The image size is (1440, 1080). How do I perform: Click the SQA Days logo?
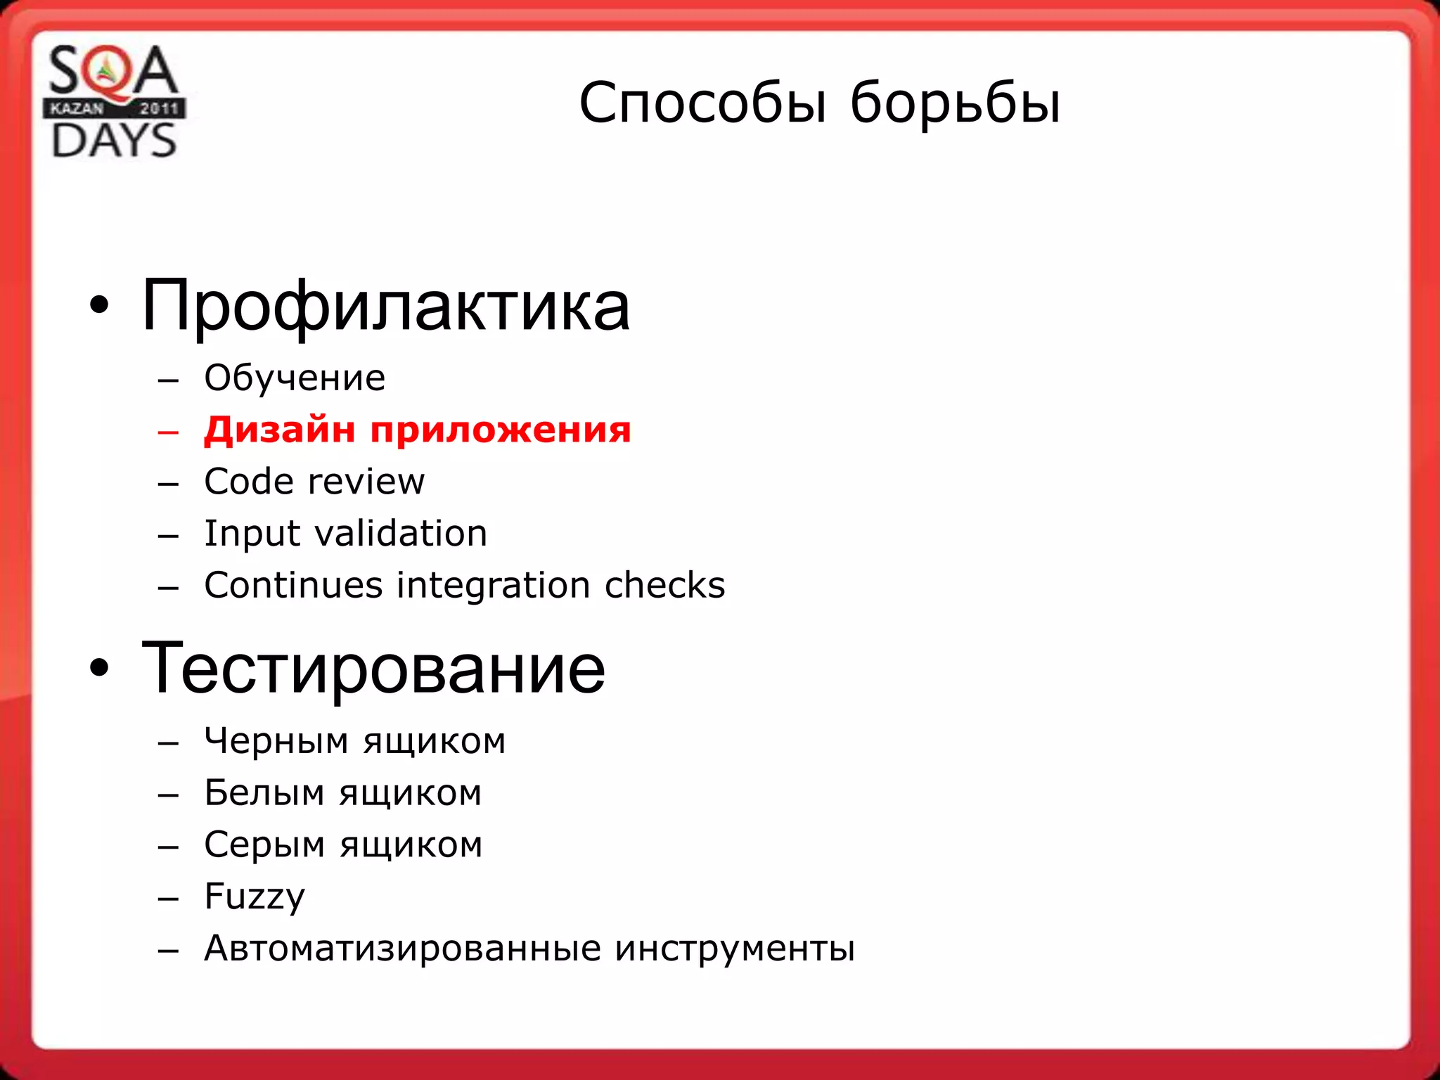(114, 101)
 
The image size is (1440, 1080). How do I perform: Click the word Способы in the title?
(702, 103)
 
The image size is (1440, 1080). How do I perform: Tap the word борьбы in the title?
(955, 103)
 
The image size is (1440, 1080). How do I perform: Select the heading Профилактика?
(385, 306)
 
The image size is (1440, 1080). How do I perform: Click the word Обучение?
(295, 378)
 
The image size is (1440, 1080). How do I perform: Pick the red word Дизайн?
(279, 430)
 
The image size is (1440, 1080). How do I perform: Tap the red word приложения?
(501, 431)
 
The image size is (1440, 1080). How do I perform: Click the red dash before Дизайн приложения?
(169, 432)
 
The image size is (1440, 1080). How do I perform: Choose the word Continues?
(293, 585)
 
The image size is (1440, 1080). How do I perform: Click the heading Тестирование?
(373, 669)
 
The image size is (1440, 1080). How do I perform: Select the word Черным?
(276, 741)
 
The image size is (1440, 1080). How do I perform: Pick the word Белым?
(264, 793)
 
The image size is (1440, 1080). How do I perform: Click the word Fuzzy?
(255, 897)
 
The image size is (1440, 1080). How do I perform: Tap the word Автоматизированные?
(402, 949)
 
